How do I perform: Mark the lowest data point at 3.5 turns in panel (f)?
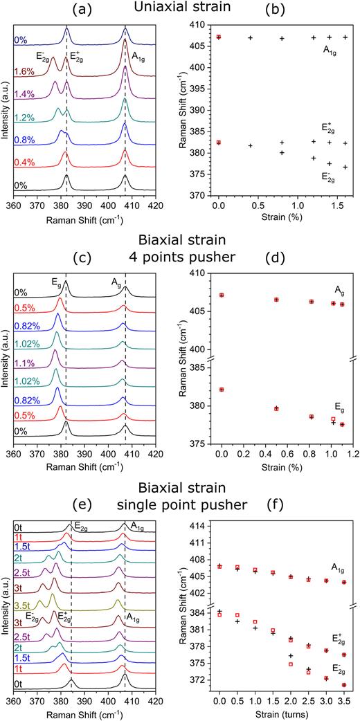pos(344,685)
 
